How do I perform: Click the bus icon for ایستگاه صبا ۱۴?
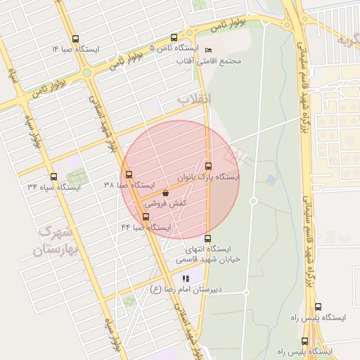tap(76, 39)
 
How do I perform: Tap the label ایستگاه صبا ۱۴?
tap(76, 50)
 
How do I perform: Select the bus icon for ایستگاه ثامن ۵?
tap(174, 38)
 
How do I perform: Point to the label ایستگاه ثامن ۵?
tap(173, 49)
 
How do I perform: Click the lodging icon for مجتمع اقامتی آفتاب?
tap(207, 50)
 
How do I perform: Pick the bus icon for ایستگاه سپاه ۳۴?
tap(53, 176)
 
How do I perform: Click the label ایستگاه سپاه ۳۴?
tap(54, 187)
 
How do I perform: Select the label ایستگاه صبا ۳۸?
tap(129, 185)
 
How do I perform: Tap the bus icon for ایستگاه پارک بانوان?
tap(208, 167)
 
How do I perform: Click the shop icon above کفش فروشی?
tap(165, 192)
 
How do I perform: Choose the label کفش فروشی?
tap(165, 202)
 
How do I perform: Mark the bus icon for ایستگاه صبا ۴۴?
tap(146, 217)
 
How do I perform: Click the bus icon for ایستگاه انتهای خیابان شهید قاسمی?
tap(207, 238)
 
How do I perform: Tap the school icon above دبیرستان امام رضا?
tap(186, 278)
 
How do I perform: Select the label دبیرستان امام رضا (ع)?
tap(186, 289)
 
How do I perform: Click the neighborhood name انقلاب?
tap(194, 99)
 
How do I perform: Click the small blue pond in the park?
tap(271, 180)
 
